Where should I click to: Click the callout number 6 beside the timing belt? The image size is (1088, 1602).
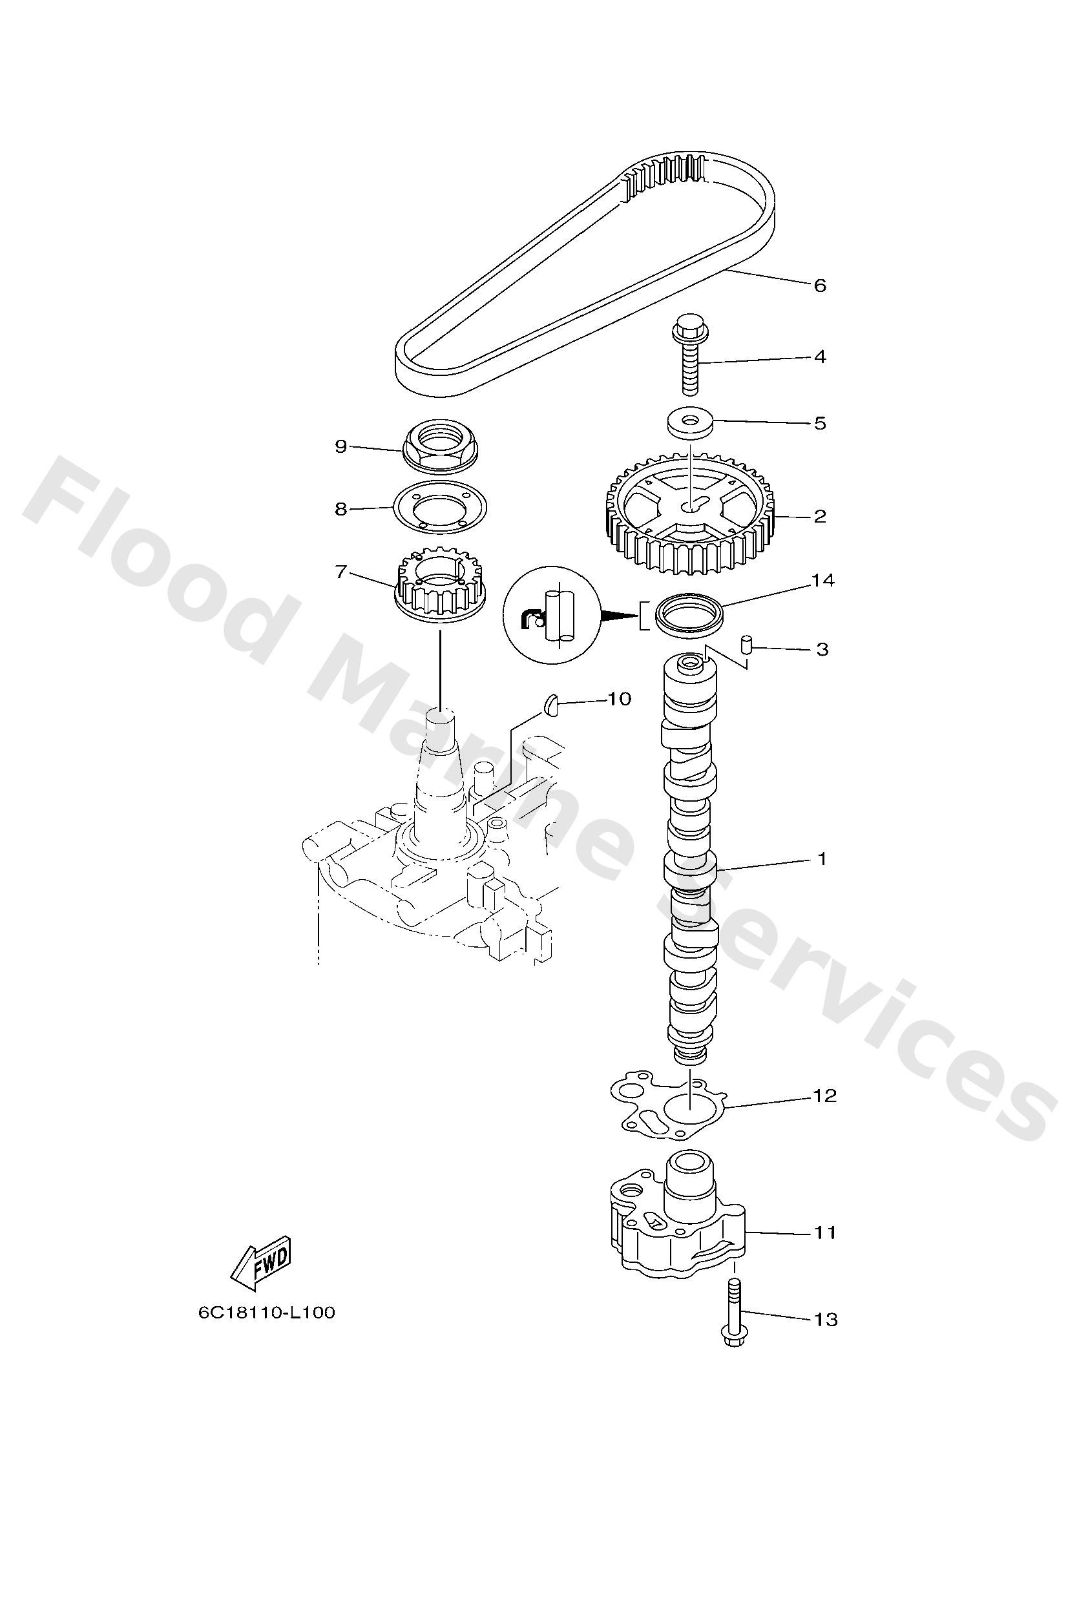(x=819, y=286)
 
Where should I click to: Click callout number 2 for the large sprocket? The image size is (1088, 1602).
(x=819, y=516)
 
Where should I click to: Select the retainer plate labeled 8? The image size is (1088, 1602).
(x=440, y=509)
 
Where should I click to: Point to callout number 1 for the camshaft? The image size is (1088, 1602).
(x=821, y=859)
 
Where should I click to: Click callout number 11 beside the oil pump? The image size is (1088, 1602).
(x=824, y=1231)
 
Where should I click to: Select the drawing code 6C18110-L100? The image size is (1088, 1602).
(x=267, y=1313)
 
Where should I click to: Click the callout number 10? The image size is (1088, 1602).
(x=618, y=699)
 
